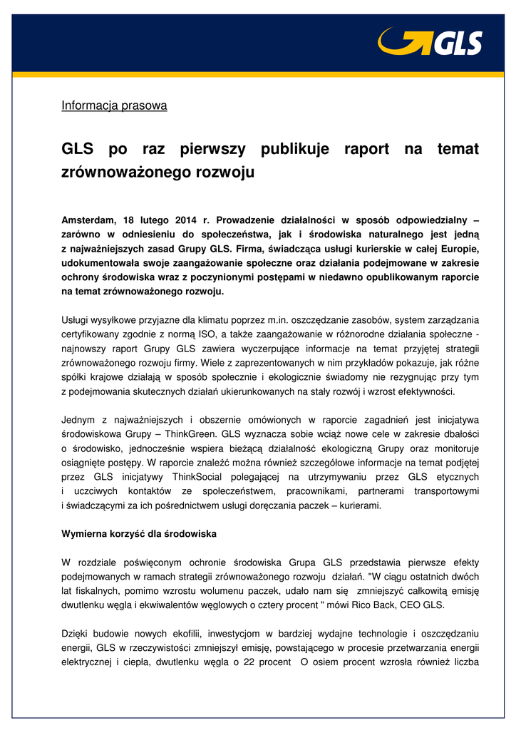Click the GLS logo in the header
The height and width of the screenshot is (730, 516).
tap(430, 42)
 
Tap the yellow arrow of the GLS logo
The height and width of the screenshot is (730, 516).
tap(395, 41)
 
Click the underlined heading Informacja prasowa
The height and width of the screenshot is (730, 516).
tap(114, 106)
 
